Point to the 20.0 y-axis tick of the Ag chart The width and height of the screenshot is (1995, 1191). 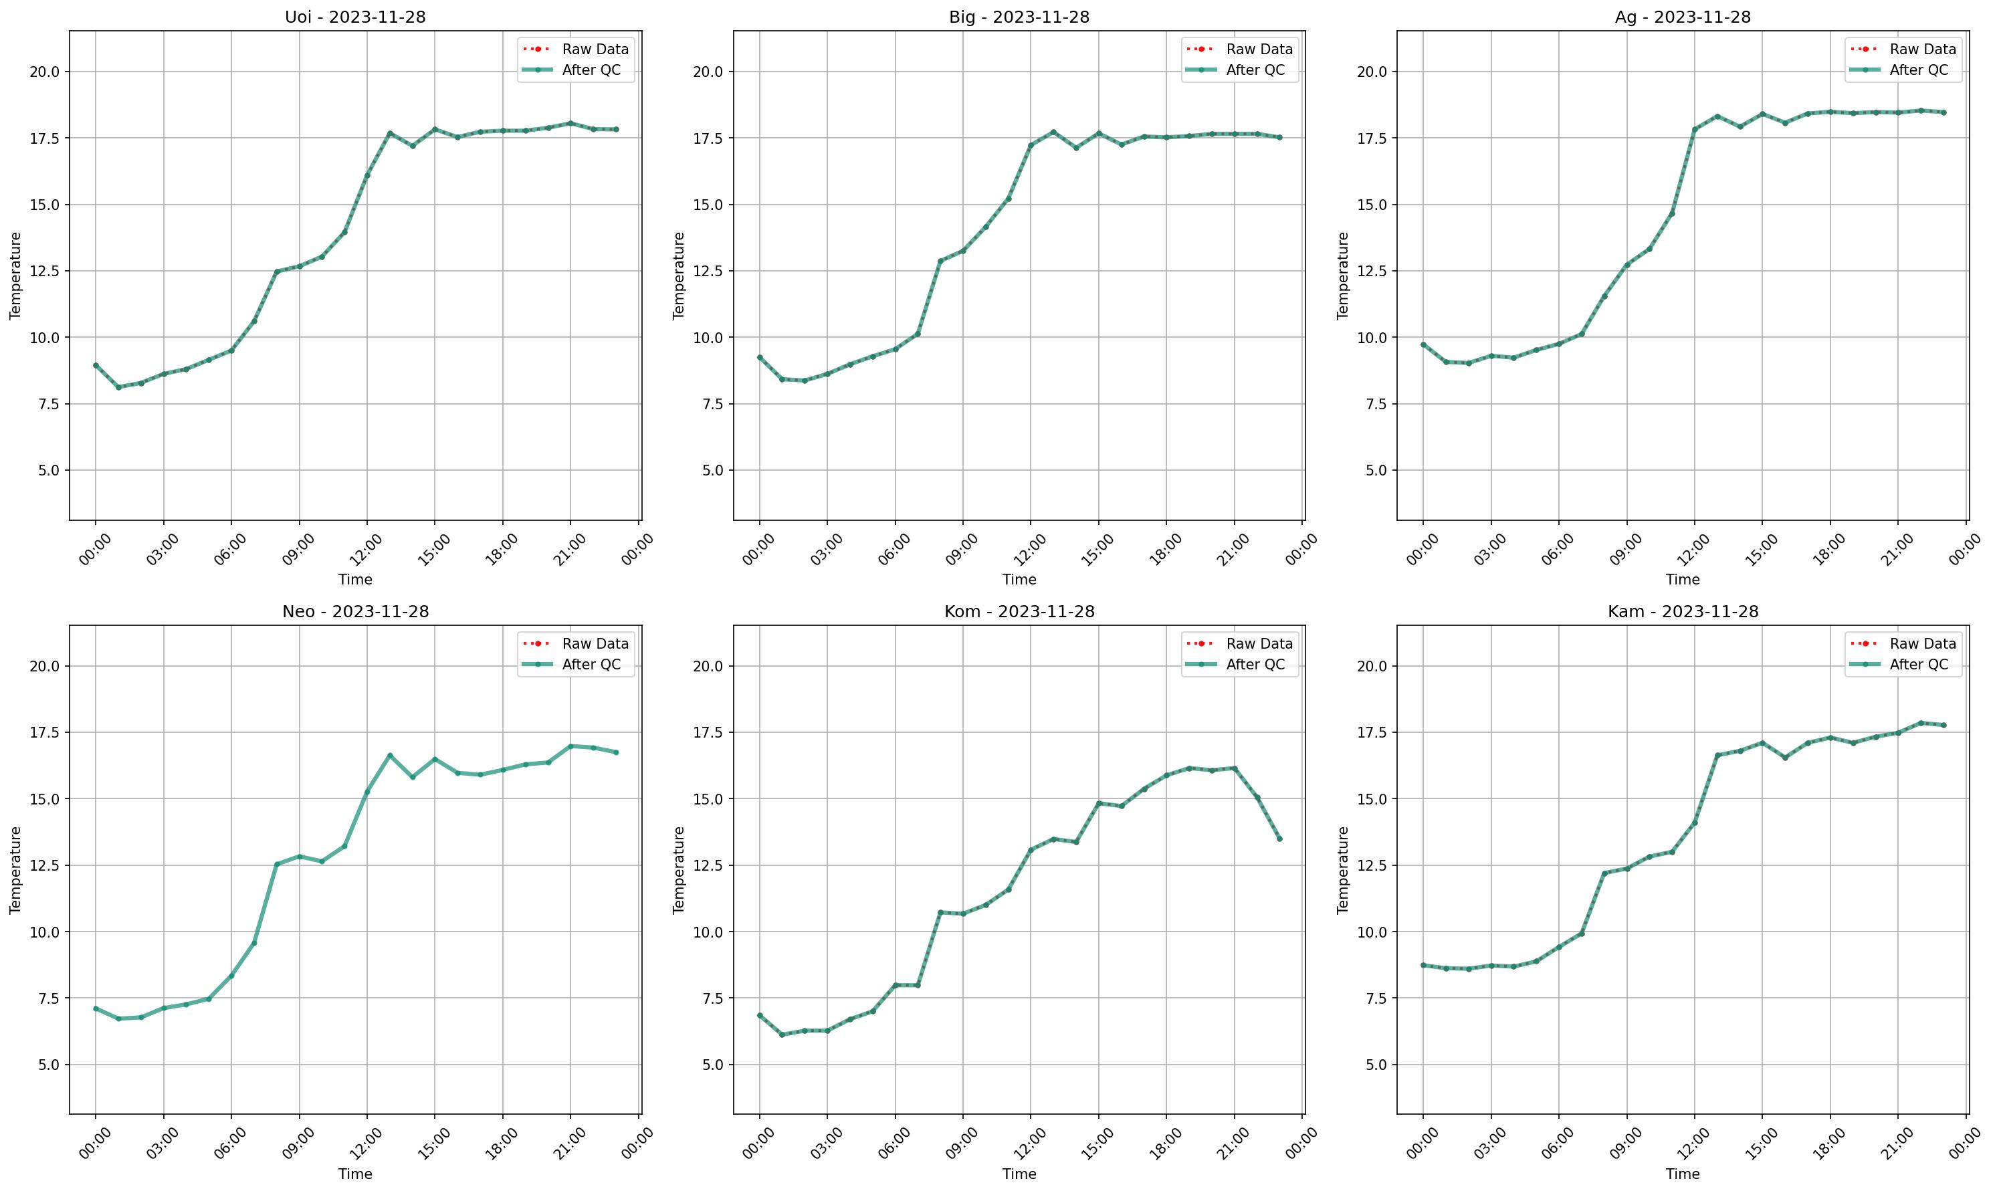[x=1370, y=72]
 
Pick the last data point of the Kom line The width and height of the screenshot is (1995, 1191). [x=1279, y=839]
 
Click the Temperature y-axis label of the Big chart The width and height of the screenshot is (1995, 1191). [x=679, y=276]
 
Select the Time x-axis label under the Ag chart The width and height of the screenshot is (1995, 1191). [x=1682, y=579]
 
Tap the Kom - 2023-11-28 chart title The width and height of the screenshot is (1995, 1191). [x=1019, y=612]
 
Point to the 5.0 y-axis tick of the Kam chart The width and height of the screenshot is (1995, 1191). [x=1370, y=1064]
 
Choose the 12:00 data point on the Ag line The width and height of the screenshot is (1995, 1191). [x=1695, y=129]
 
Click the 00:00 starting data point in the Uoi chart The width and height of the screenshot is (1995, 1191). [x=96, y=365]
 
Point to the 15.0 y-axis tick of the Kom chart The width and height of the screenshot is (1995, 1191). [x=707, y=798]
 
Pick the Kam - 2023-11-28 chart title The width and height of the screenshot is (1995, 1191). [x=1683, y=612]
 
